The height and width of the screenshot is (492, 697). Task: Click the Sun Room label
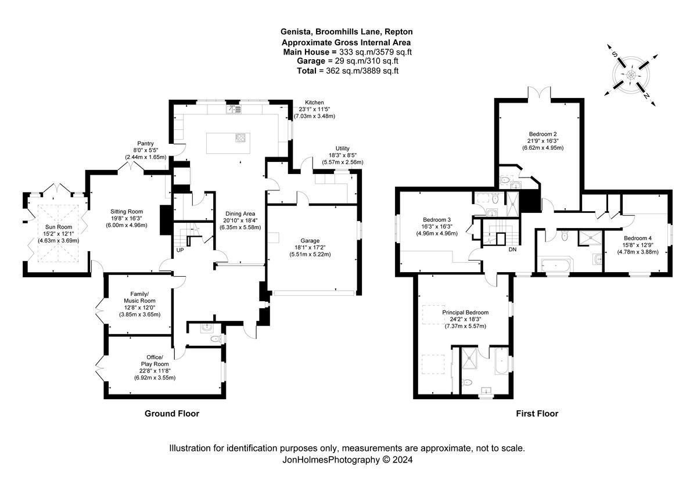pos(59,227)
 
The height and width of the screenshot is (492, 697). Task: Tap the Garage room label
pos(310,241)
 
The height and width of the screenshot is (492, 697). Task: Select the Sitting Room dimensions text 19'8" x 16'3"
pos(127,218)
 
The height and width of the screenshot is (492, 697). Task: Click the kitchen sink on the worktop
pos(233,109)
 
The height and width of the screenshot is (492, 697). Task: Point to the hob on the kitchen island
pos(240,138)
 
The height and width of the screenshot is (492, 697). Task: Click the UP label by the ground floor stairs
pos(180,250)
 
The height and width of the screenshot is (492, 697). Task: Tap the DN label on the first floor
pos(512,249)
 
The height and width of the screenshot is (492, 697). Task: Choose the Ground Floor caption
pos(172,413)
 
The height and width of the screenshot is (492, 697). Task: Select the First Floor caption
pos(537,413)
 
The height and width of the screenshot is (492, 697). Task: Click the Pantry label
pos(145,143)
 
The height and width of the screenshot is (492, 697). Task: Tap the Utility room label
pos(342,149)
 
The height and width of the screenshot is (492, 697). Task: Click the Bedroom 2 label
pos(542,134)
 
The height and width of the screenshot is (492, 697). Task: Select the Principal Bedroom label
pos(465,312)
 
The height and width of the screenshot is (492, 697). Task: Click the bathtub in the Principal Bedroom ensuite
pos(501,361)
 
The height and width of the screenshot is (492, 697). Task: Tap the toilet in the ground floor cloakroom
pos(215,338)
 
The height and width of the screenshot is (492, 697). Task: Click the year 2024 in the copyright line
pos(403,460)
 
